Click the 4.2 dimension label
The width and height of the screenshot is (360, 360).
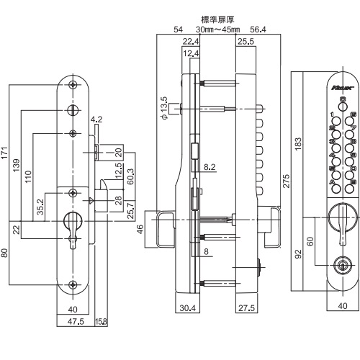(x=96, y=120)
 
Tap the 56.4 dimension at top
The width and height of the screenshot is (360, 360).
(x=256, y=30)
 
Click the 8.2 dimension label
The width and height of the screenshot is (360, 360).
(x=210, y=166)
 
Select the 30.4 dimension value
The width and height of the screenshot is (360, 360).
(x=186, y=309)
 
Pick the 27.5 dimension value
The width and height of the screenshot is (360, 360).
(x=246, y=309)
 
